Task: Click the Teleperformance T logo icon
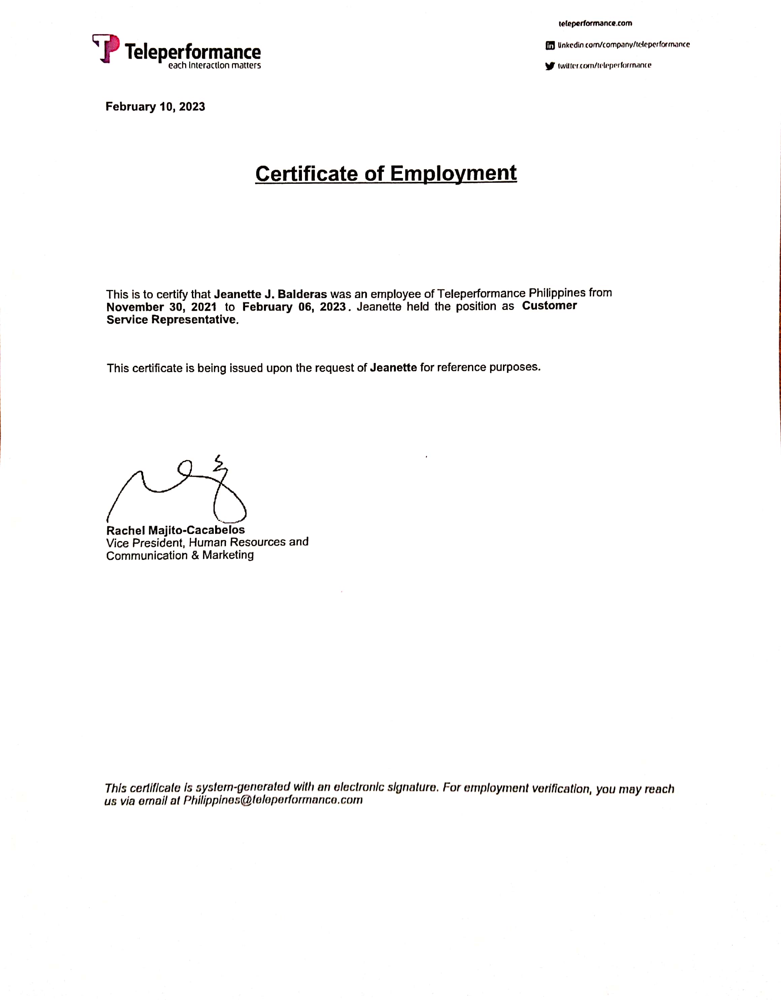tap(106, 48)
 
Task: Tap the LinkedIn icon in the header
tap(550, 45)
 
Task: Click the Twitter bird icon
tap(550, 66)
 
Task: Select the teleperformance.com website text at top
tap(595, 23)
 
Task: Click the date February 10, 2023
tap(155, 107)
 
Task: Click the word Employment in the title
tap(453, 174)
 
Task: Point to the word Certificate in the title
tap(306, 174)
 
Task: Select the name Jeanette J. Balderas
tap(270, 294)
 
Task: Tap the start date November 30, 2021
tap(161, 307)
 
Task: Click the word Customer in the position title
tap(549, 306)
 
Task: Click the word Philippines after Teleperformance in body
tap(557, 293)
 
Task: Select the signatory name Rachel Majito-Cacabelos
tap(175, 530)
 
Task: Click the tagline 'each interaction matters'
tap(214, 66)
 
